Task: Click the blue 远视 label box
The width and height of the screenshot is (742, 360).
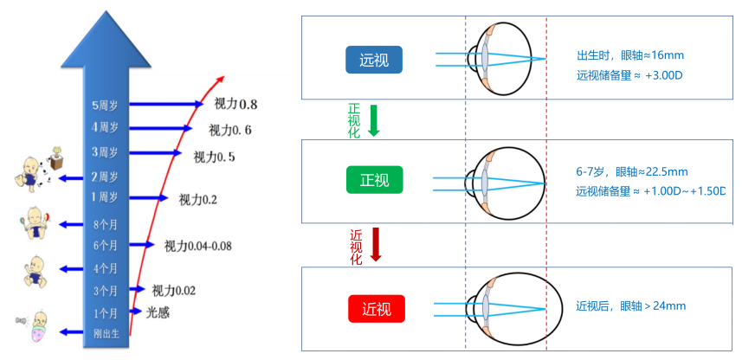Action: tap(374, 60)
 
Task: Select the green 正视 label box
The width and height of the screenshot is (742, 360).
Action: tap(374, 180)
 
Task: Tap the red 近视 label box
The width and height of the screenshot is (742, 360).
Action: tap(377, 308)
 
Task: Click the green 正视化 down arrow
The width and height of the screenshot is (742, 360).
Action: tap(374, 120)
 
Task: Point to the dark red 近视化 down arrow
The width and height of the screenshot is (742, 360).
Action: tap(376, 245)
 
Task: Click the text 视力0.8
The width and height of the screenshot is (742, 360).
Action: tap(236, 105)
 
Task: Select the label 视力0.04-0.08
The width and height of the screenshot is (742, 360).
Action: tap(197, 246)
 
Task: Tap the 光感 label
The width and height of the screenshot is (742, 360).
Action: tap(158, 312)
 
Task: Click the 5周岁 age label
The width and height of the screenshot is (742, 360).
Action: tap(105, 106)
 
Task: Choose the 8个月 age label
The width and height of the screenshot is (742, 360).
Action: tap(105, 225)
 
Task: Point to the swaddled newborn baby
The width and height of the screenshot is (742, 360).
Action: tap(35, 328)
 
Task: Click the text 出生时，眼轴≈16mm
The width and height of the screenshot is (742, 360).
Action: tap(630, 55)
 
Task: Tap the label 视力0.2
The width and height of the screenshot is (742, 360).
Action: tap(197, 200)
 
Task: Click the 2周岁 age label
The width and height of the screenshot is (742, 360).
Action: tap(105, 177)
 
